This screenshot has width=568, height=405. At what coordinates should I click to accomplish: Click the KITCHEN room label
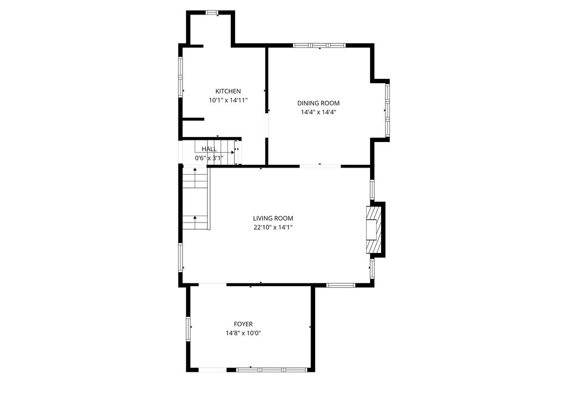(228, 92)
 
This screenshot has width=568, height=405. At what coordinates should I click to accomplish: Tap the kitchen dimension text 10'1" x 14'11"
(228, 100)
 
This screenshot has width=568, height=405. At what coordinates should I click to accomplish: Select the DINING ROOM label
(318, 103)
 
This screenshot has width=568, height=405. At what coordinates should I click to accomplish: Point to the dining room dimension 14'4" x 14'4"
(318, 112)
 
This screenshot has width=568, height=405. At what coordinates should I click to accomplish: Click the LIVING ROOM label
(273, 219)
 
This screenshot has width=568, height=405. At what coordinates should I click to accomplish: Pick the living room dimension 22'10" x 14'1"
(273, 227)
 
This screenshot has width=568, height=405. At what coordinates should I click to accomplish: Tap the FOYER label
(243, 325)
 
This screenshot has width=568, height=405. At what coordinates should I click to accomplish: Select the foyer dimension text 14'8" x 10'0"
(243, 333)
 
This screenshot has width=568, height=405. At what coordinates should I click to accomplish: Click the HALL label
(209, 149)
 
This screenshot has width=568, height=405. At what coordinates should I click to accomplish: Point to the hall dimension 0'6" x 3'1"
(209, 158)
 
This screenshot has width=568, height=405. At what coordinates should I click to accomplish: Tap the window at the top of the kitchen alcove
(212, 12)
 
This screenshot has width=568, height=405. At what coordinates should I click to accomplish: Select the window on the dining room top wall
(319, 45)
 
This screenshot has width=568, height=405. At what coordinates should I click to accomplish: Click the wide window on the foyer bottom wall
(271, 369)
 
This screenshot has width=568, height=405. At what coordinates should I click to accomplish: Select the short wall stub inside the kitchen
(193, 119)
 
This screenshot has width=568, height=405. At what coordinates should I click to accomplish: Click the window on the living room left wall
(180, 257)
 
